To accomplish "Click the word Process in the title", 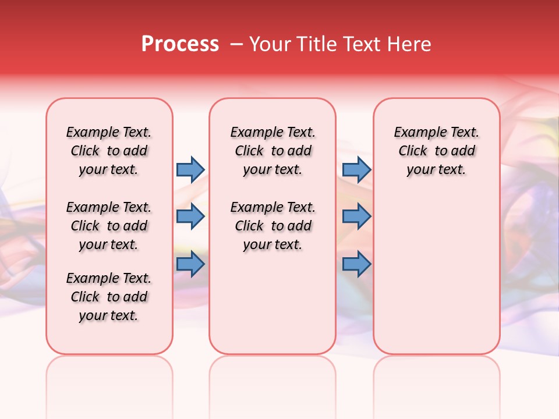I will click(x=180, y=44).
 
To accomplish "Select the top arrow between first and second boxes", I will click(x=190, y=169).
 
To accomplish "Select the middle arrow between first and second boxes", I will click(x=190, y=216).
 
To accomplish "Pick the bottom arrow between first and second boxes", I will click(x=190, y=264).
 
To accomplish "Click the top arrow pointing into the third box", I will click(x=356, y=169).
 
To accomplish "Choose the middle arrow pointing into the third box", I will click(x=356, y=216).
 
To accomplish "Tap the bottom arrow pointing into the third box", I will click(x=356, y=264).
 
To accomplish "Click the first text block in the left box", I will click(x=109, y=151).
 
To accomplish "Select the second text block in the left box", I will click(x=109, y=226).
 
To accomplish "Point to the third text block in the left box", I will click(x=109, y=297).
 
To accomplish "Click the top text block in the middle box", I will click(x=273, y=151).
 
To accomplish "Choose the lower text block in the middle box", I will click(x=273, y=226).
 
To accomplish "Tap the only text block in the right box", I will click(x=436, y=151).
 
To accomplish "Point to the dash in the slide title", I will click(x=236, y=44).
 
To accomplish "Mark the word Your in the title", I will click(x=269, y=44).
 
